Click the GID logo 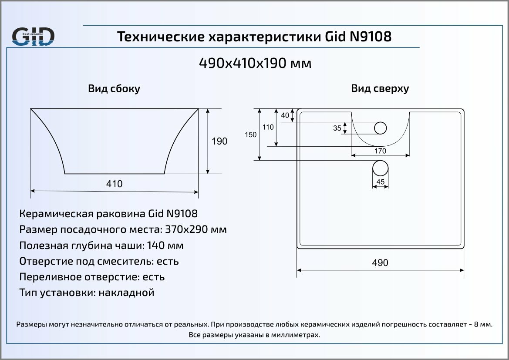33,37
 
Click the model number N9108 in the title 371,37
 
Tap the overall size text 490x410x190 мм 255,64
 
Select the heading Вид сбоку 114,89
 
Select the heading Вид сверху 380,89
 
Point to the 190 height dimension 219,141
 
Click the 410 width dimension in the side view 114,184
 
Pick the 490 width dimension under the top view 380,263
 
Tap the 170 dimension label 380,151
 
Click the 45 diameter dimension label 380,182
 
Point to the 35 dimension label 337,128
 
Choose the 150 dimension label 251,135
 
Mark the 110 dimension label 268,127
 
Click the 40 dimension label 285,115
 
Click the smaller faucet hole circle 381,128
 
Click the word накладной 127,293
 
